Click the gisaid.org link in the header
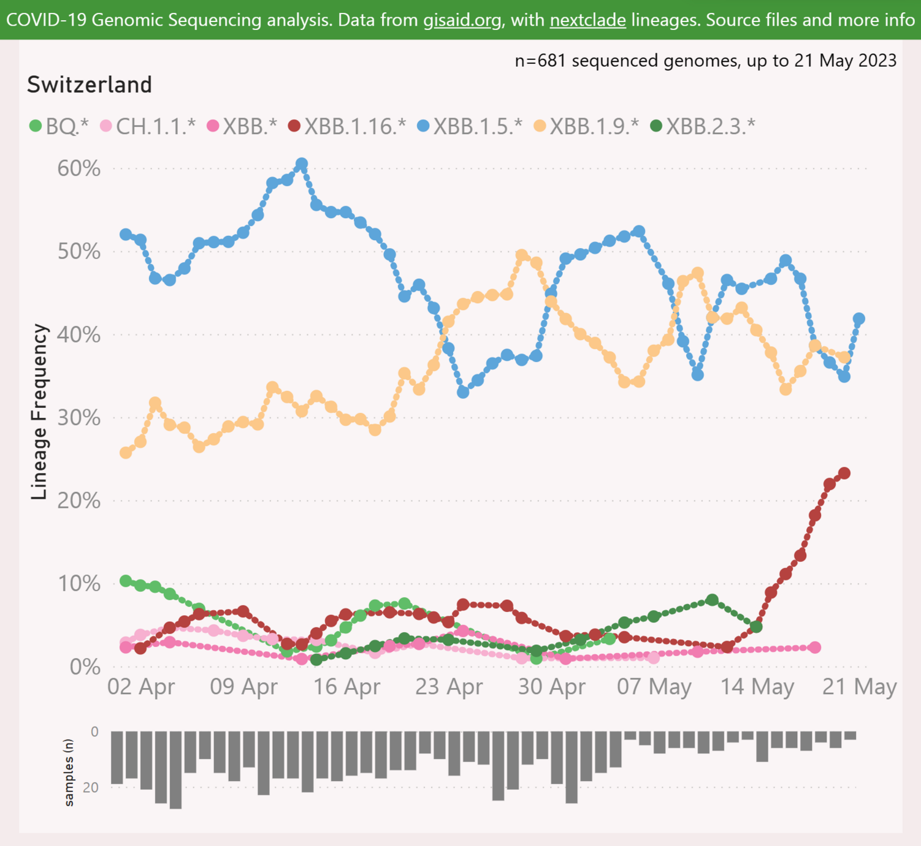462,20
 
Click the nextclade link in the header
587,20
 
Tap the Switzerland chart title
90,85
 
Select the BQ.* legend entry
59,126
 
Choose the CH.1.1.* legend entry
148,126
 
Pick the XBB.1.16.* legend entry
347,126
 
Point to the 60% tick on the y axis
79,168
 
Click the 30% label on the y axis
79,418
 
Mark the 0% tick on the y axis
85,667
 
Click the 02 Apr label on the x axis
141,687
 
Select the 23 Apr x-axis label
449,687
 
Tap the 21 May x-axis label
859,687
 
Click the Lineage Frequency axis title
39,412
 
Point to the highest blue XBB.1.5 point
302,164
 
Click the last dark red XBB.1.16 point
844,473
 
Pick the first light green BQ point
126,581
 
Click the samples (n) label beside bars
69,772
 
